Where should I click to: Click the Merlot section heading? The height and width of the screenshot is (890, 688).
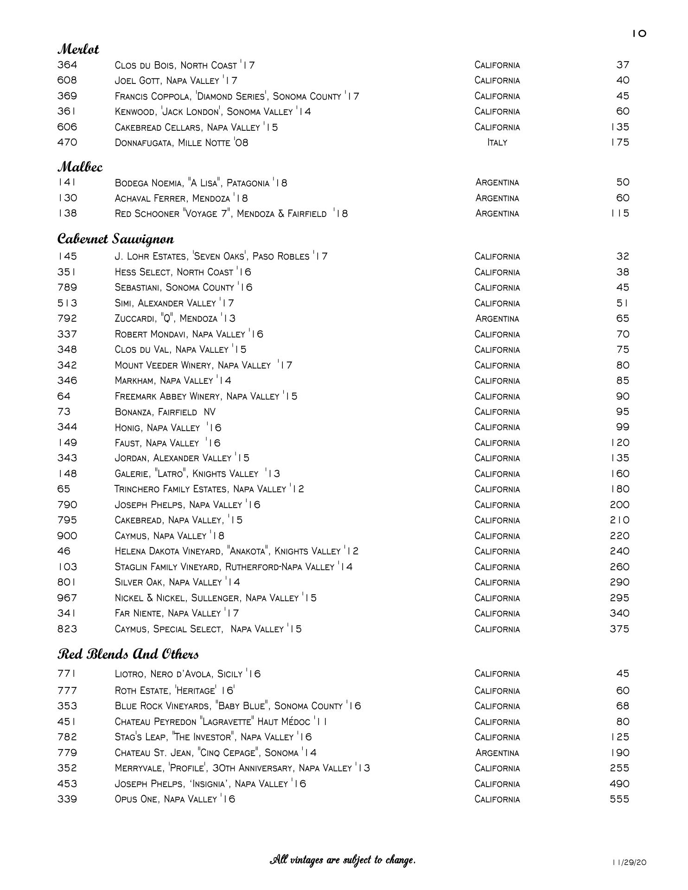pos(78,49)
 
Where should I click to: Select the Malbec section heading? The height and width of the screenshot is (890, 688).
pos(80,167)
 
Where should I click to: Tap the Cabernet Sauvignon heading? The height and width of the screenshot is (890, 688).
pos(115,239)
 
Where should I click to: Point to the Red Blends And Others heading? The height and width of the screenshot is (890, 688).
pos(128,654)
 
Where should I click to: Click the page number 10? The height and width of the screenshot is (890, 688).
pos(639,34)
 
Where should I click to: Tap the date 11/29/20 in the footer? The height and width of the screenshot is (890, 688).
pos(629,863)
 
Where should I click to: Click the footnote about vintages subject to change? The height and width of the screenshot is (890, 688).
pos(343,860)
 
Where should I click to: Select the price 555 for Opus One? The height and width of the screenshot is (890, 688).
pos(619,799)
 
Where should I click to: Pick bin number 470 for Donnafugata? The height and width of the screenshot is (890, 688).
pos(67,142)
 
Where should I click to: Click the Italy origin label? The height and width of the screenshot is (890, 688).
pos(497,143)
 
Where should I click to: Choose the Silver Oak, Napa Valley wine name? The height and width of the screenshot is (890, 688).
pos(177,582)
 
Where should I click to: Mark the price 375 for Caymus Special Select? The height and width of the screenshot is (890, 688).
pos(619,629)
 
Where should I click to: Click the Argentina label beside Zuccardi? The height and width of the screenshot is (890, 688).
pos(497,319)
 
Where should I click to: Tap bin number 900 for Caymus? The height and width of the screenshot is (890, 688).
pos(67,536)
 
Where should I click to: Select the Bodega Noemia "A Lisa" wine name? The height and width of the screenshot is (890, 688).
pos(201,183)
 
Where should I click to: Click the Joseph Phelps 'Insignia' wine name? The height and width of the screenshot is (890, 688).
pos(210,784)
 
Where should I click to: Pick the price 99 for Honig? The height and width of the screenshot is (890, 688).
pos(623,427)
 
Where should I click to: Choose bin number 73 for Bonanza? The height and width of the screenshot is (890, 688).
pos(64,412)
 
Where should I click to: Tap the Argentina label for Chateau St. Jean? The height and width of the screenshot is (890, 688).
pos(497,753)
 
